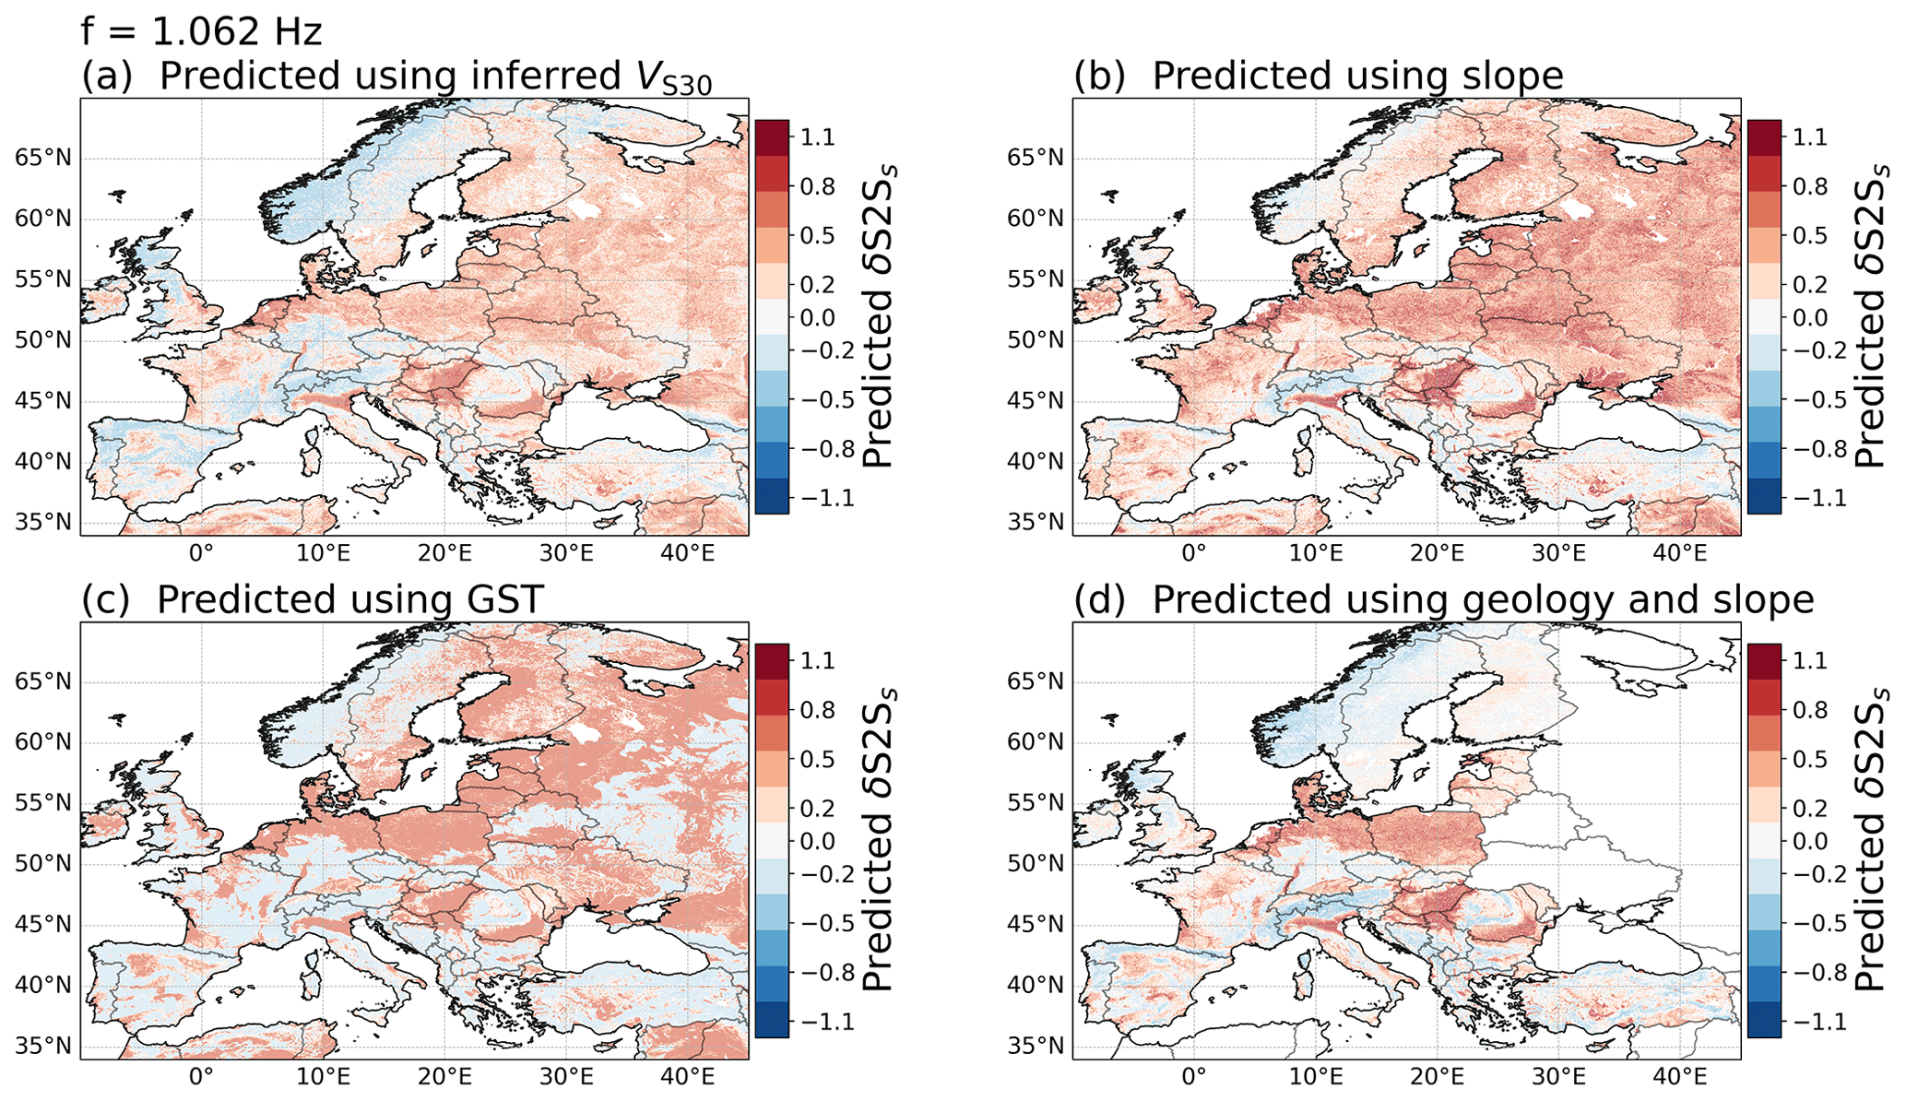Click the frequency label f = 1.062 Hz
201,32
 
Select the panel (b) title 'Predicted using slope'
1319,77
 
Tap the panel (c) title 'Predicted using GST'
313,600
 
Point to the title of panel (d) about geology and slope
1443,600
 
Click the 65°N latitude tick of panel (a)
43,158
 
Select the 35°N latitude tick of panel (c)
43,1047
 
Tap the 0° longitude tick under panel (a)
201,553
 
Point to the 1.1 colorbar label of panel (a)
818,137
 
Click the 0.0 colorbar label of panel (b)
1809,318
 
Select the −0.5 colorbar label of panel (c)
825,923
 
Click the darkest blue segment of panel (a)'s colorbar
772,496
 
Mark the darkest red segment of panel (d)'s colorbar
1764,661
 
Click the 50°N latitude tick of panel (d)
1036,864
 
